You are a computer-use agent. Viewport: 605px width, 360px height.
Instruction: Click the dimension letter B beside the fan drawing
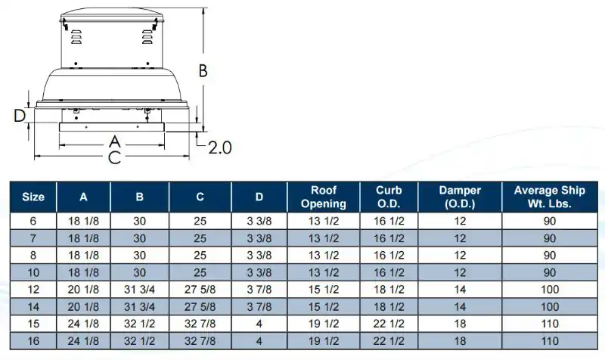203,71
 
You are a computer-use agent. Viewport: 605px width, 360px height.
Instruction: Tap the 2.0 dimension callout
220,147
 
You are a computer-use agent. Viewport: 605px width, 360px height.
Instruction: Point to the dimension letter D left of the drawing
20,116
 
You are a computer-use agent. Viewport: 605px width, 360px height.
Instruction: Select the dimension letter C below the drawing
115,157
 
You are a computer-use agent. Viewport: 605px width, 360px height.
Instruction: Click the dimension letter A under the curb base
115,142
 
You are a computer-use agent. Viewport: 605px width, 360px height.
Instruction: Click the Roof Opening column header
324,197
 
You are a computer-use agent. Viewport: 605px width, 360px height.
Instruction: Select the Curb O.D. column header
389,197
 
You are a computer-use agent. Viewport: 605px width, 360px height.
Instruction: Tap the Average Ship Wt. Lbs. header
550,197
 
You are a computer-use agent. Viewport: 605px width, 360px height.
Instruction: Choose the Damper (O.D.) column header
460,197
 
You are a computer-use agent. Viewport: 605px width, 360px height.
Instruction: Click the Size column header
33,197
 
